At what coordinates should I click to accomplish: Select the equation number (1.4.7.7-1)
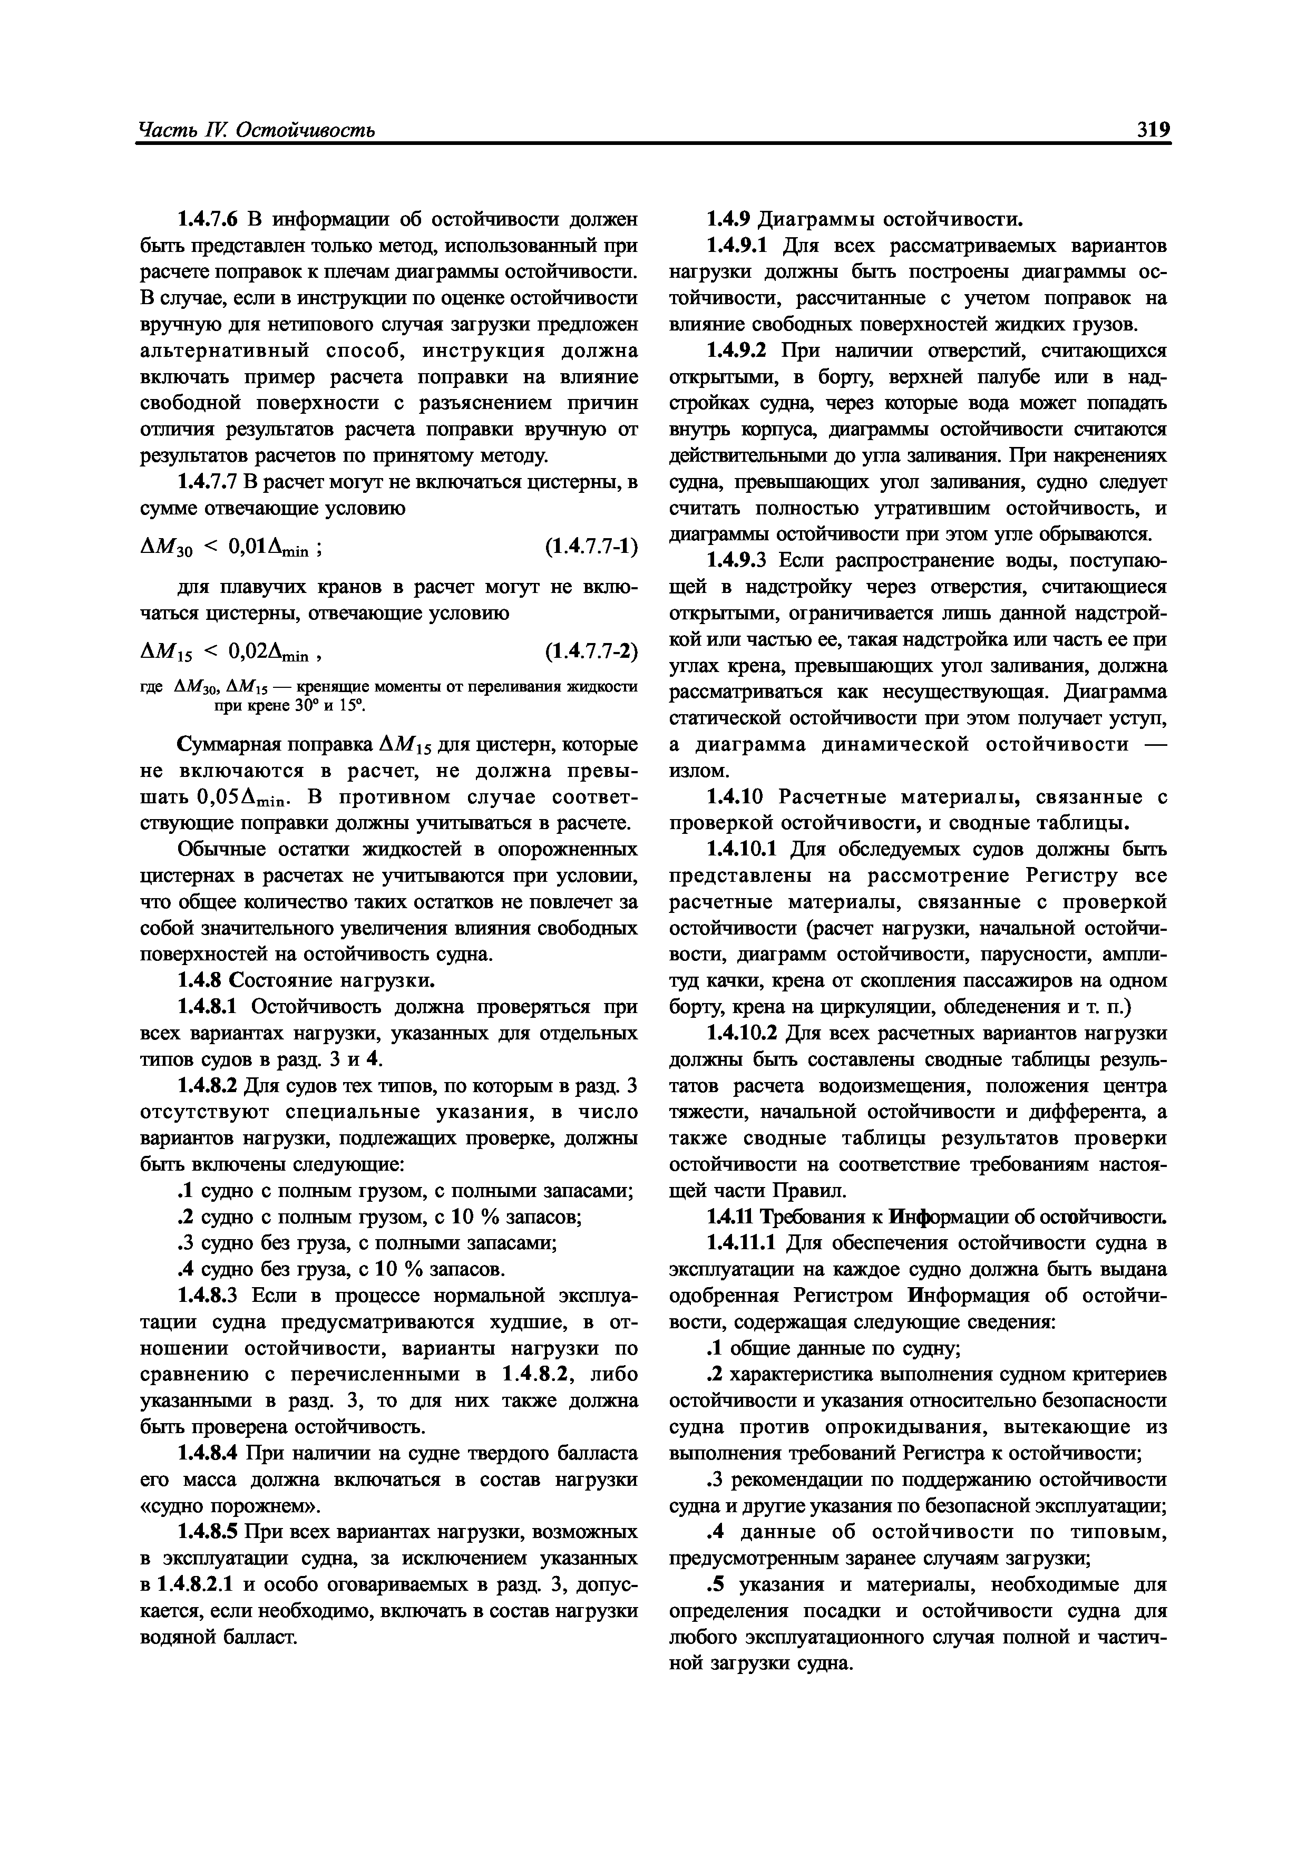pos(590,548)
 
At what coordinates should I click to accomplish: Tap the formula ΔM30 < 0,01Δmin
pos(233,548)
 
